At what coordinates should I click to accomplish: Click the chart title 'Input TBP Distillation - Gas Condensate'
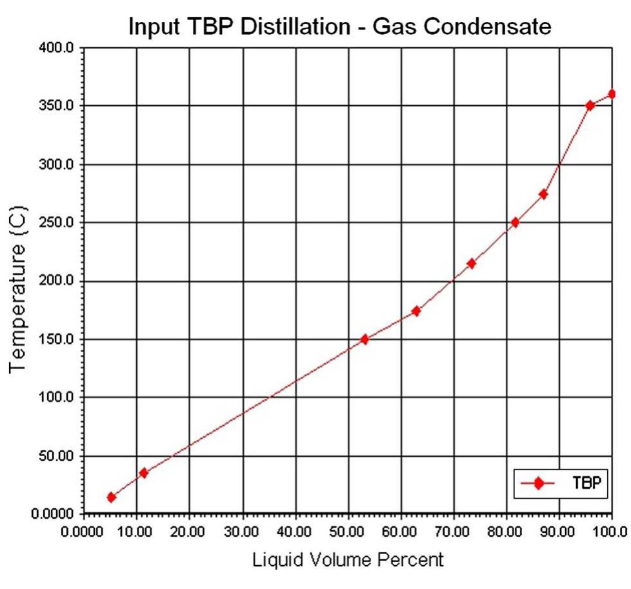pyautogui.click(x=340, y=26)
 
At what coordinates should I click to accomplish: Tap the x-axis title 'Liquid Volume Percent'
pyautogui.click(x=348, y=559)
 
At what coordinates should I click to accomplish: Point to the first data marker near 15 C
pyautogui.click(x=112, y=497)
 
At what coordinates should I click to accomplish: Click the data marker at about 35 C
pyautogui.click(x=143, y=473)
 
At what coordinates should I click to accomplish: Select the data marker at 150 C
pyautogui.click(x=365, y=339)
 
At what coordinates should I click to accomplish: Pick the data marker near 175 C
pyautogui.click(x=416, y=311)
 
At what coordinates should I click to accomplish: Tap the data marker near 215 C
pyautogui.click(x=471, y=263)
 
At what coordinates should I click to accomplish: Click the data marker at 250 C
pyautogui.click(x=515, y=223)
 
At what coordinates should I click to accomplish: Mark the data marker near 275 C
pyautogui.click(x=543, y=194)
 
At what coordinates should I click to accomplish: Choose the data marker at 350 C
pyautogui.click(x=590, y=106)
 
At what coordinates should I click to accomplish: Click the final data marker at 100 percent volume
pyautogui.click(x=612, y=94)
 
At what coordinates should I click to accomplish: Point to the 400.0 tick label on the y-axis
pyautogui.click(x=57, y=48)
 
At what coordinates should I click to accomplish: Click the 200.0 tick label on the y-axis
pyautogui.click(x=57, y=281)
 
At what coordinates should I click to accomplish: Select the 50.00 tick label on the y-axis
pyautogui.click(x=57, y=456)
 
